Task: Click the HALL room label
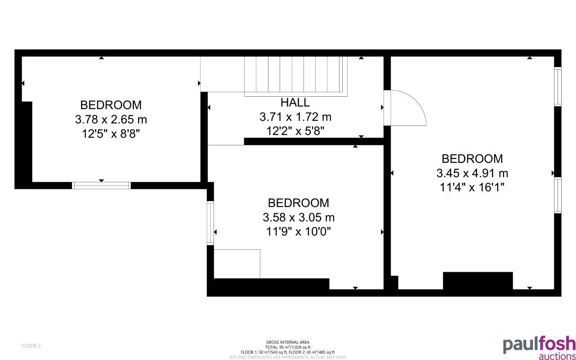pyautogui.click(x=295, y=103)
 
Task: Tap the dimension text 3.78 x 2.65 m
pyautogui.click(x=111, y=120)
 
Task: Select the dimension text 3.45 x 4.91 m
pyautogui.click(x=472, y=173)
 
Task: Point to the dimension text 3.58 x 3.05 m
pyautogui.click(x=299, y=218)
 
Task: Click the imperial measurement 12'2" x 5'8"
pyautogui.click(x=295, y=131)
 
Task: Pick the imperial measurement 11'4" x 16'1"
pyautogui.click(x=472, y=187)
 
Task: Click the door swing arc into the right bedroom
pyautogui.click(x=407, y=108)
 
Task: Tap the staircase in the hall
pyautogui.click(x=296, y=76)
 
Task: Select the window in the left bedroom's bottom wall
pyautogui.click(x=102, y=185)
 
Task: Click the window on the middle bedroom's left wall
pyautogui.click(x=210, y=223)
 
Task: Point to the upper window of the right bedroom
pyautogui.click(x=558, y=86)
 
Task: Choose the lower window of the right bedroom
pyautogui.click(x=558, y=195)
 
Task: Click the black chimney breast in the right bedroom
pyautogui.click(x=478, y=281)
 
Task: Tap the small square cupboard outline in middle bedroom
pyautogui.click(x=237, y=264)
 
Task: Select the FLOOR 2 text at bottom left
pyautogui.click(x=31, y=346)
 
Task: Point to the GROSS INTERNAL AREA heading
pyautogui.click(x=288, y=342)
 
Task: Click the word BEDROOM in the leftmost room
pyautogui.click(x=111, y=105)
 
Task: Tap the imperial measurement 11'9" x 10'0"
pyautogui.click(x=299, y=232)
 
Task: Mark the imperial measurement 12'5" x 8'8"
pyautogui.click(x=111, y=134)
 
